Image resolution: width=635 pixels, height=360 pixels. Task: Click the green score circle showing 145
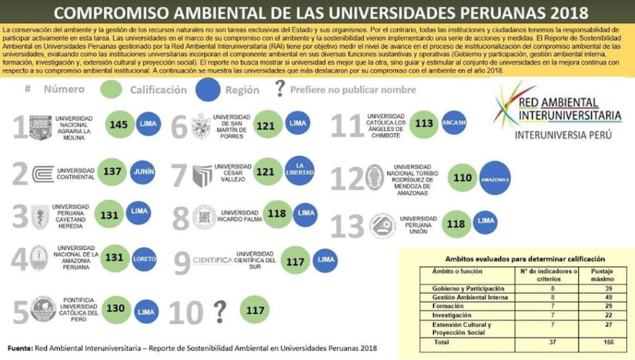tap(119, 125)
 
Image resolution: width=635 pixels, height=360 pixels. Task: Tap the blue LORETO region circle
tap(144, 259)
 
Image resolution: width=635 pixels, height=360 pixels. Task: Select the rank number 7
tap(179, 174)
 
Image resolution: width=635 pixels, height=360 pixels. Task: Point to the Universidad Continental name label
tap(75, 171)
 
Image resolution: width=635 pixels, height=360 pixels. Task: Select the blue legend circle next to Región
tap(208, 89)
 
